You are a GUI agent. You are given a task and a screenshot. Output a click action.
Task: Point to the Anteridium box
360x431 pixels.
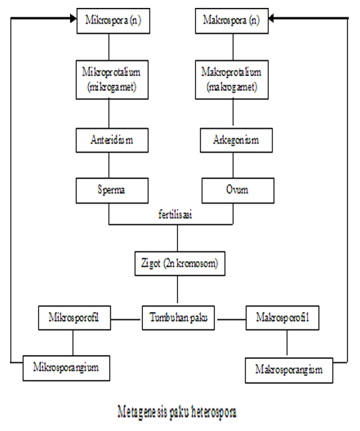111,139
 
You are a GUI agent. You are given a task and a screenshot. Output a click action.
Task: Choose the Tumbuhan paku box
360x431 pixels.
177,318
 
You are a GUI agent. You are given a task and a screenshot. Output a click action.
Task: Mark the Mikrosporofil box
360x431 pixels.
72,318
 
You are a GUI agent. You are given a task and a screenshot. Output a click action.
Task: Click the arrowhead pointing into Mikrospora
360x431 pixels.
72,20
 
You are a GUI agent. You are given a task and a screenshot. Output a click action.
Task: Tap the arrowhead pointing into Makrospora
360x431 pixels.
269,20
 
